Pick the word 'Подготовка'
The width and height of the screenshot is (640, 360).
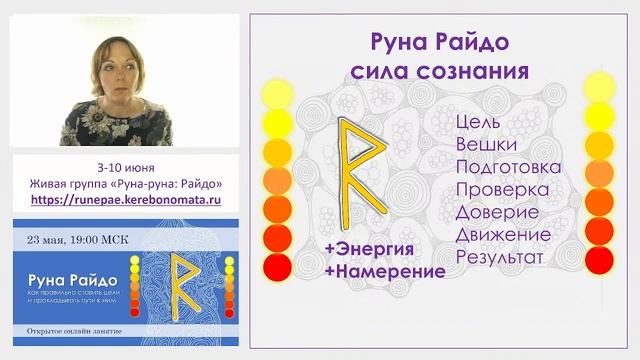click(507, 166)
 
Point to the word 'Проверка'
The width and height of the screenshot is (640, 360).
click(501, 189)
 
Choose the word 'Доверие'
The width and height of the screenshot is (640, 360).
click(497, 212)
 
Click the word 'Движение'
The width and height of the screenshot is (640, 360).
click(503, 234)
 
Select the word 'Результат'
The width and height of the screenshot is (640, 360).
click(499, 257)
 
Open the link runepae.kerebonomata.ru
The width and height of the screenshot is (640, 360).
click(126, 200)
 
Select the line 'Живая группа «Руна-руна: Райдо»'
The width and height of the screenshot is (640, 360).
click(126, 184)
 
